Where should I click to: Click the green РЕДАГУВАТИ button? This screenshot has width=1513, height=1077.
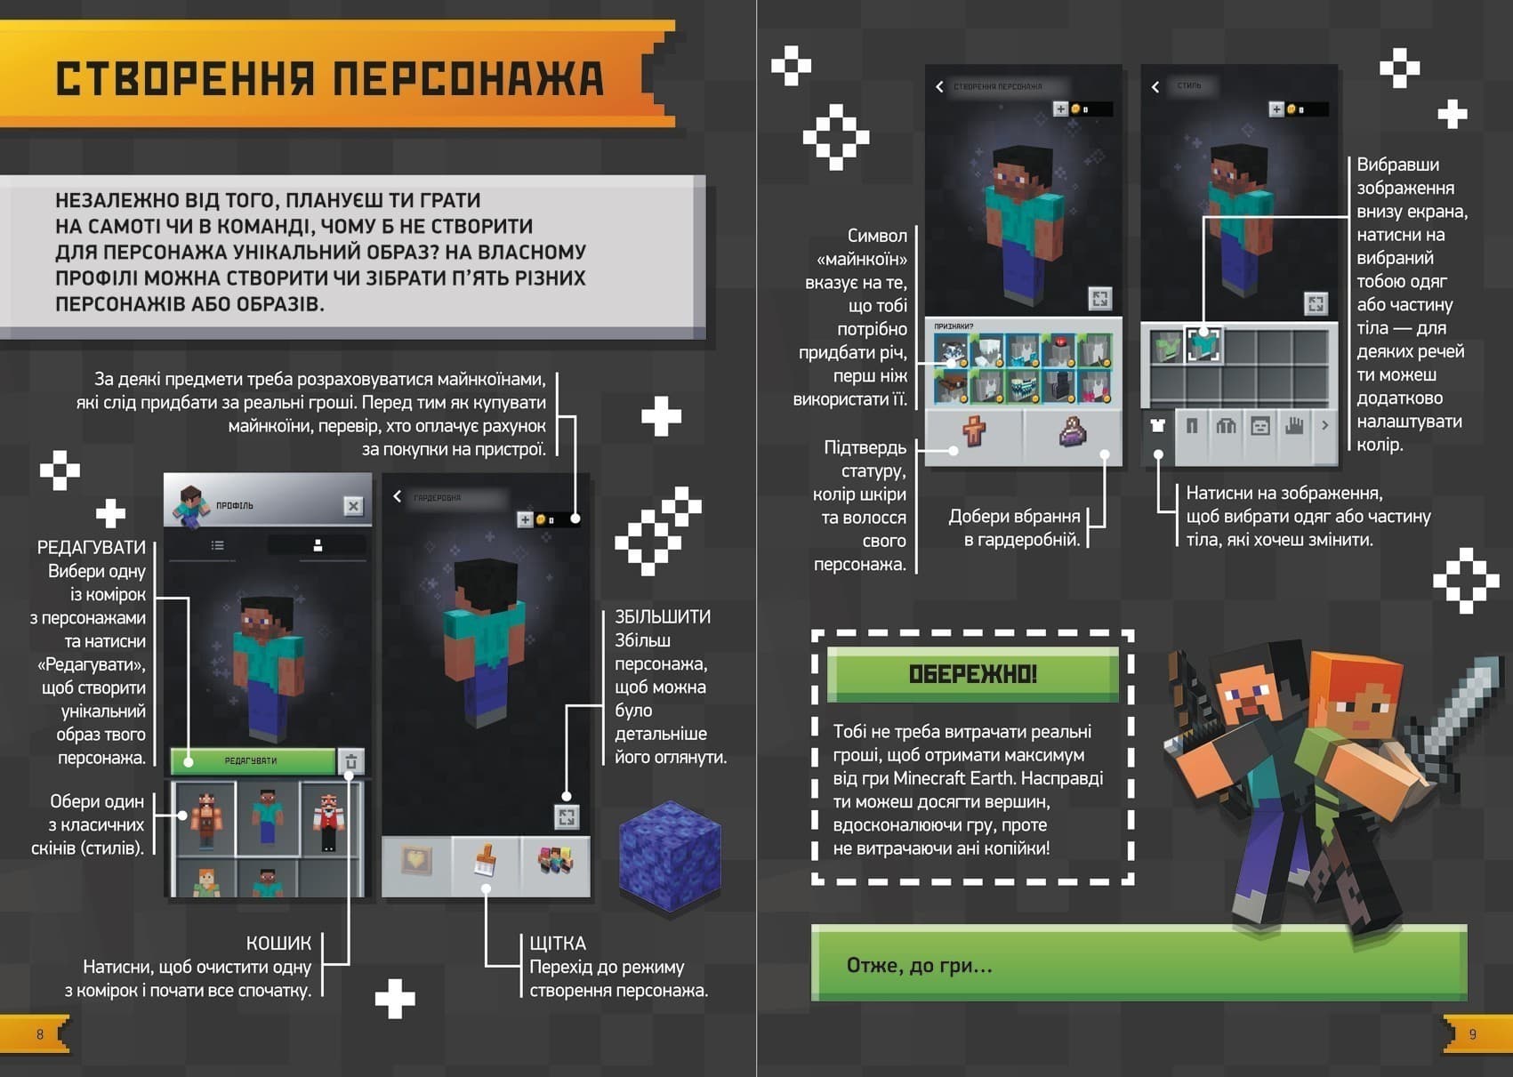point(253,760)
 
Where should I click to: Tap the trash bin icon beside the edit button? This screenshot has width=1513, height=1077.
point(351,761)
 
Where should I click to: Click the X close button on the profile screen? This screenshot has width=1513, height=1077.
point(353,506)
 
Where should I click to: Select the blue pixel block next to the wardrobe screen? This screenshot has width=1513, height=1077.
point(670,856)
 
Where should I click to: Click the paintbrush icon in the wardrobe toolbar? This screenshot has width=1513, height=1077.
point(486,862)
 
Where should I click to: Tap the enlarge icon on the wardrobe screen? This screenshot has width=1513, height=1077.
point(567,816)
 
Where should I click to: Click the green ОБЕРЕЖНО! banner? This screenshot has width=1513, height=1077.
point(972,674)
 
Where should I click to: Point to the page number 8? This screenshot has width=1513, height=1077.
point(40,1034)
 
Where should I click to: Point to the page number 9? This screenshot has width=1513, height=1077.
point(1472,1034)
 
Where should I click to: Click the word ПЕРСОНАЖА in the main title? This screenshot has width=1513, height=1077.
point(469,78)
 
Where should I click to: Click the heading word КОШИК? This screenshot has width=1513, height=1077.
point(278,943)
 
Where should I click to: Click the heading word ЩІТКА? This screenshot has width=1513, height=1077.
point(558,943)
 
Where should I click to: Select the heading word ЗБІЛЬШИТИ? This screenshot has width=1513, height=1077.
point(663,616)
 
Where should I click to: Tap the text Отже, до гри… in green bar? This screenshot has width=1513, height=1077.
point(919,965)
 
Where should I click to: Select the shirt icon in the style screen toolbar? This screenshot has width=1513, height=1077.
point(1157,426)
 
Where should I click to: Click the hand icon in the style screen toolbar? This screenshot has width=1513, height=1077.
point(1293,426)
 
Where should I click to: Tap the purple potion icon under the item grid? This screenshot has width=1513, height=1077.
point(1073,431)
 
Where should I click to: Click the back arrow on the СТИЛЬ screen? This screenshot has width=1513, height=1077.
point(1155,86)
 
